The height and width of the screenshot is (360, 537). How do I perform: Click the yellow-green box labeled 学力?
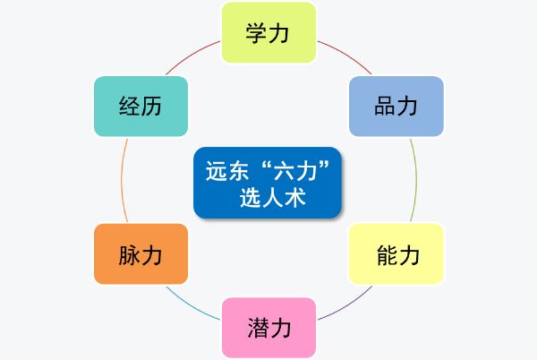(268, 32)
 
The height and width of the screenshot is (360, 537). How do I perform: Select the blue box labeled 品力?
(396, 107)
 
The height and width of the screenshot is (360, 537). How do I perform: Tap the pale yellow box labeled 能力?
(396, 253)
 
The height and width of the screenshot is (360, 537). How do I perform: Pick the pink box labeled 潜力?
(268, 328)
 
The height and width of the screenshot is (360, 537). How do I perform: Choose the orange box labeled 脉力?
(141, 253)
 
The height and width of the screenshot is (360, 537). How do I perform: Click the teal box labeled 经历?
(141, 107)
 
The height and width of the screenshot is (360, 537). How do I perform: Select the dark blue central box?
(268, 183)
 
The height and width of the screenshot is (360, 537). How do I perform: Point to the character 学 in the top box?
(257, 33)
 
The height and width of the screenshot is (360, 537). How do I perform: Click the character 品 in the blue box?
(385, 107)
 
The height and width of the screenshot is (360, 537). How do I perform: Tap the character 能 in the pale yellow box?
(388, 255)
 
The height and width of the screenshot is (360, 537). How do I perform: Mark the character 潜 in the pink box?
(259, 328)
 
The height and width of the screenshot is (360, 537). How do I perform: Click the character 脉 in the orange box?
(129, 255)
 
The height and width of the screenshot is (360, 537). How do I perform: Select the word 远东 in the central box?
(226, 170)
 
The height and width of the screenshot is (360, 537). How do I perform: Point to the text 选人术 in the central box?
(272, 198)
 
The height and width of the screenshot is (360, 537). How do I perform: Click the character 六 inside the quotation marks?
(285, 170)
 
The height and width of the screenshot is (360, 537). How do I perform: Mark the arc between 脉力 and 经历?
(122, 180)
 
